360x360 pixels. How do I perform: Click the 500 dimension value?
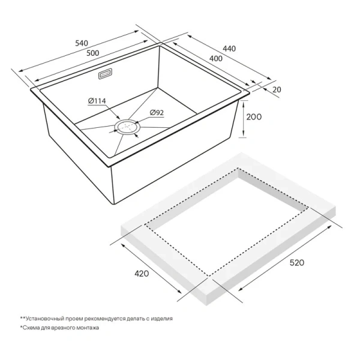[93, 53]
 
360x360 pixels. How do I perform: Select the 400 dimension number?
[217, 58]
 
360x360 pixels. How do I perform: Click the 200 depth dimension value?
[255, 118]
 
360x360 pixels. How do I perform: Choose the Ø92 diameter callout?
[157, 112]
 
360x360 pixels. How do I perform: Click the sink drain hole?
[127, 127]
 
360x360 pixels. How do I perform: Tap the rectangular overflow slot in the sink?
[106, 76]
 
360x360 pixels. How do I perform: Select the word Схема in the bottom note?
[33, 328]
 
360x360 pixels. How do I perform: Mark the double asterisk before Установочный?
[23, 318]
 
